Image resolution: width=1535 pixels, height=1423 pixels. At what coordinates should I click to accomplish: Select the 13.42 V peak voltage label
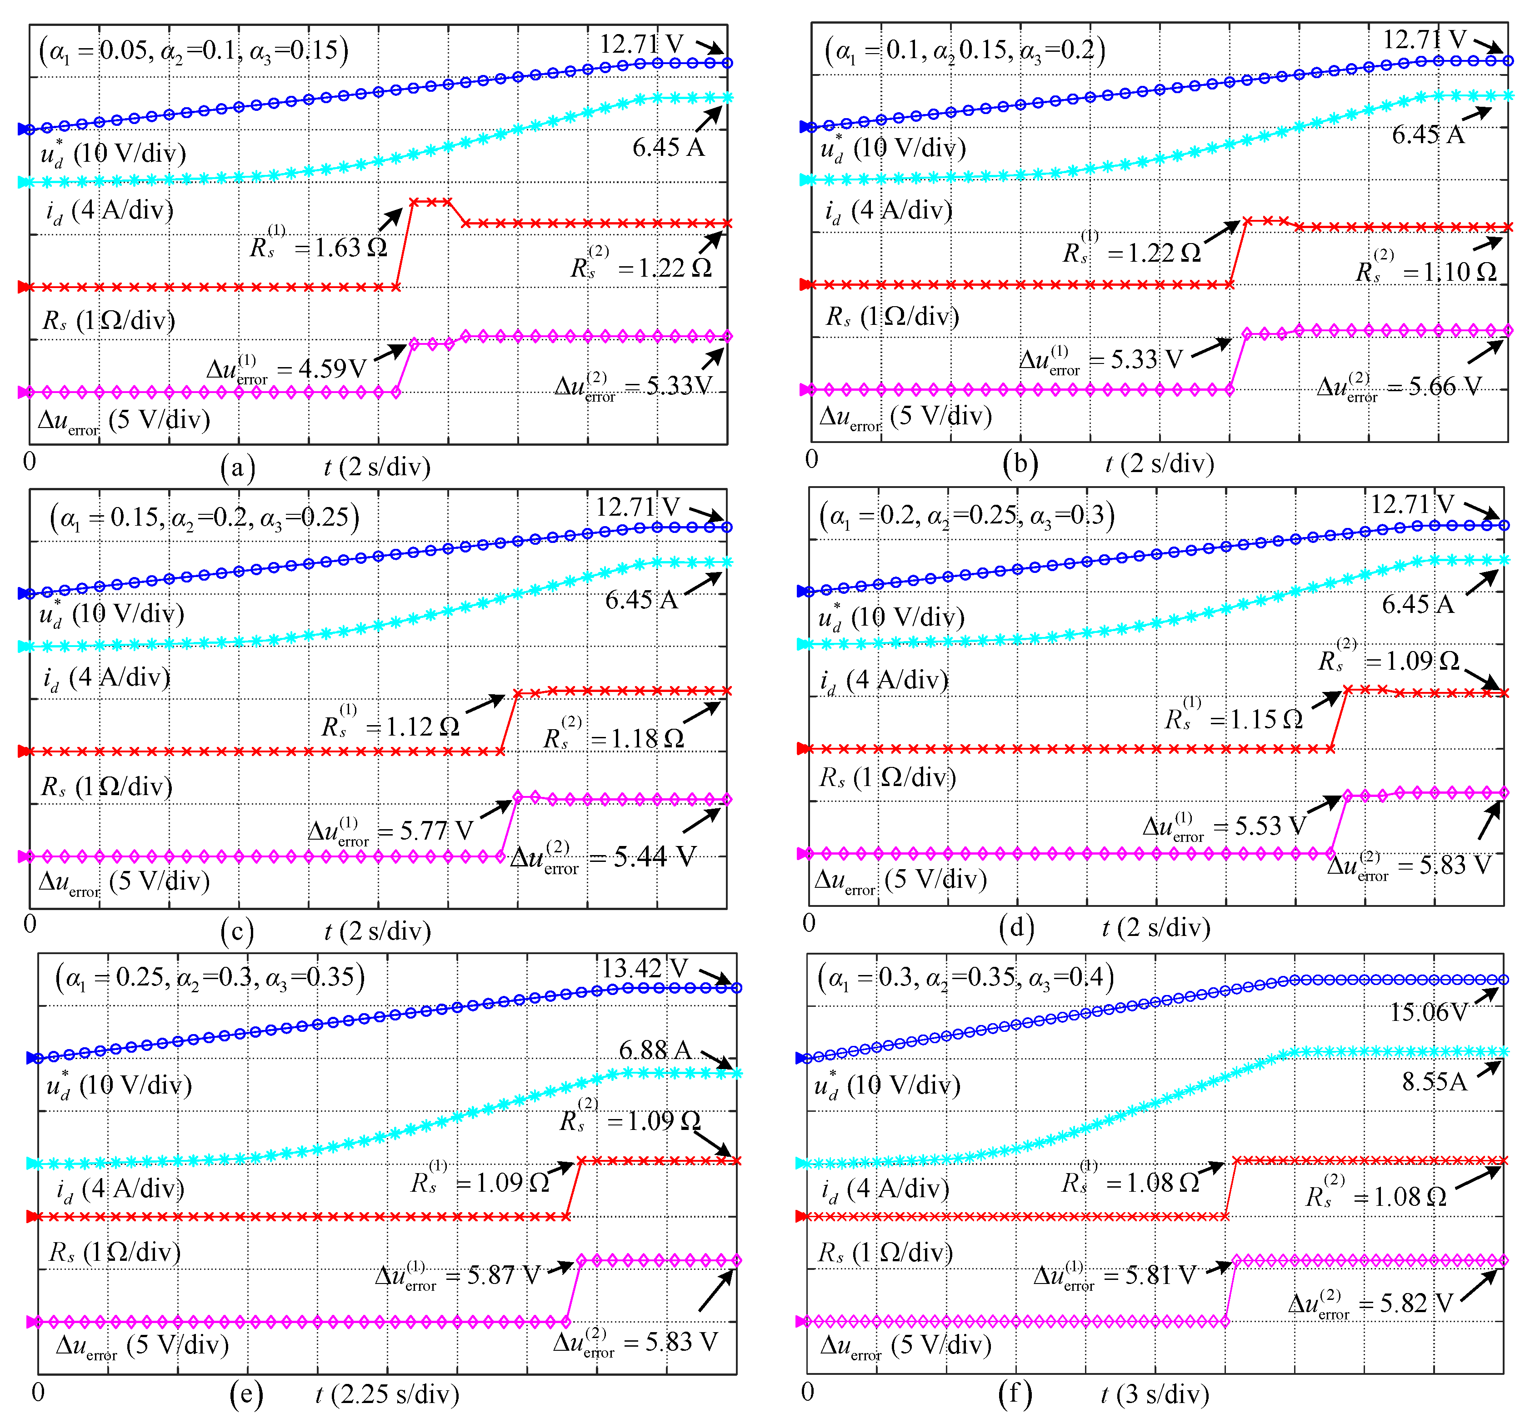pyautogui.click(x=644, y=968)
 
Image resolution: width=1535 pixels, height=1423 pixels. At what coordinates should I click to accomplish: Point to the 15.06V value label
pyautogui.click(x=1429, y=1012)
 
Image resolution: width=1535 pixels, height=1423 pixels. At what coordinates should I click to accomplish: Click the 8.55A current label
pyautogui.click(x=1434, y=1082)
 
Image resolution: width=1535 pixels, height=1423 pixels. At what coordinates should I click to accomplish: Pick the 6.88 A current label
pyautogui.click(x=655, y=1050)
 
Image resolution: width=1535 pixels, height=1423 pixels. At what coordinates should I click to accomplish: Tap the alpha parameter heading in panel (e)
pyautogui.click(x=210, y=978)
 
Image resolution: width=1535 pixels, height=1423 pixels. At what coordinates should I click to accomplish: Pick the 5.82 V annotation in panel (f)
pyautogui.click(x=1371, y=1303)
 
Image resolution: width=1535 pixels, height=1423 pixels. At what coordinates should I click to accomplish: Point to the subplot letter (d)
pyautogui.click(x=1016, y=927)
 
